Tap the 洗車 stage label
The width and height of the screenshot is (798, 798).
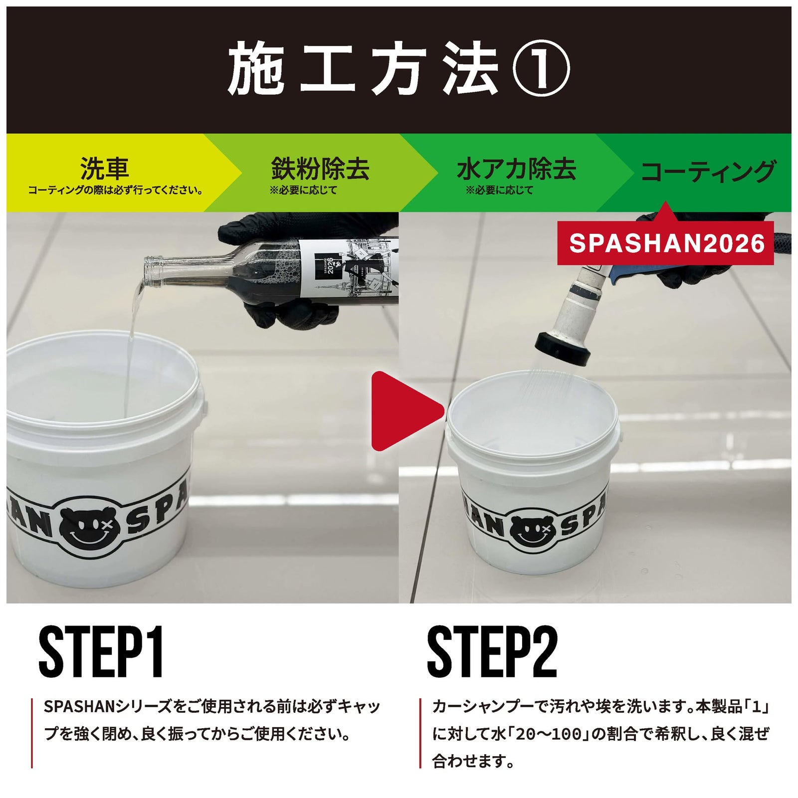pos(105,169)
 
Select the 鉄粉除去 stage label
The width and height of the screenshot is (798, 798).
pos(320,169)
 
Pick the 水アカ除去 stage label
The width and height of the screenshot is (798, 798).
pos(516,169)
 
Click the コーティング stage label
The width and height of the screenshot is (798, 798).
pos(708,171)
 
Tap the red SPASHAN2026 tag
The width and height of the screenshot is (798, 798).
pos(666,243)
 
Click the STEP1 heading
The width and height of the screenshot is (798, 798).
pos(101,652)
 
